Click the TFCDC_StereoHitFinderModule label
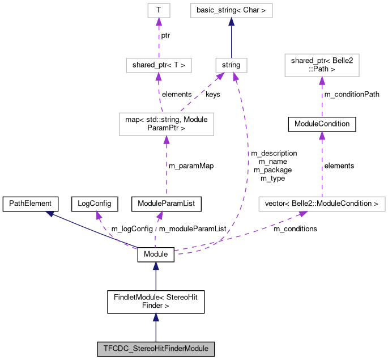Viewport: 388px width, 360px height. coord(156,348)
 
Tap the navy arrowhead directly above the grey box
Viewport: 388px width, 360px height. coord(156,317)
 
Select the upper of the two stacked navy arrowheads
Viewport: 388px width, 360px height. coord(156,266)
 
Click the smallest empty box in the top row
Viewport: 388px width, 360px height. coord(159,10)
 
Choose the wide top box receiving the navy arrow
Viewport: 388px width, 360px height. coord(231,10)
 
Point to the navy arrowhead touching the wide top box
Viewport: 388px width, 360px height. coord(231,22)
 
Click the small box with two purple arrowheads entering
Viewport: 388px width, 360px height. coord(231,65)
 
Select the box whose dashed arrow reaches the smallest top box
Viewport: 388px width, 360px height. coord(159,65)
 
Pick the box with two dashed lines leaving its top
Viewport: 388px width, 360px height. coord(166,124)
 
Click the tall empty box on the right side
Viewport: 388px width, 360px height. coord(322,65)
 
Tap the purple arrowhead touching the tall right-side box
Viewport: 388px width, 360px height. coord(322,81)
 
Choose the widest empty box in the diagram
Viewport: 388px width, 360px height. coord(322,204)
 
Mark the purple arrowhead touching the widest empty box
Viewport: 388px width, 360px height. coord(302,214)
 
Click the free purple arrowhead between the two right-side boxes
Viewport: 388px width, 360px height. coord(322,135)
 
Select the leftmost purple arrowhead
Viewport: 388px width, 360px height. coord(99,215)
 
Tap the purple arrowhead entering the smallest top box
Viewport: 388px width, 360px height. coord(159,22)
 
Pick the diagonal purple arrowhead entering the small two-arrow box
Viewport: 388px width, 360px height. coord(220,77)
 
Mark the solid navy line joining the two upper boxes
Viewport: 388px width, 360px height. coord(231,40)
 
